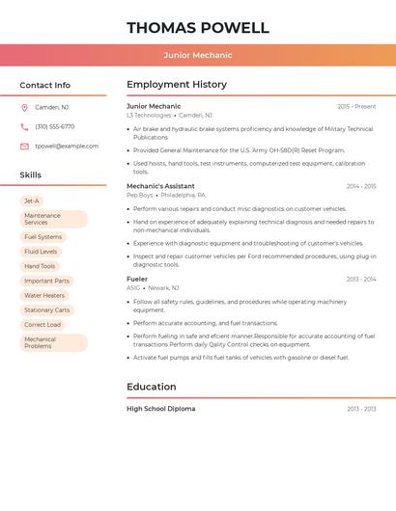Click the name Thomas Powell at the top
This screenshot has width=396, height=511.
click(x=198, y=27)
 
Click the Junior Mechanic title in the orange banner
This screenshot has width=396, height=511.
click(x=198, y=55)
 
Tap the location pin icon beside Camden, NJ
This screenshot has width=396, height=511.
click(x=24, y=107)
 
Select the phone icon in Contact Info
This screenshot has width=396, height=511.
click(x=24, y=126)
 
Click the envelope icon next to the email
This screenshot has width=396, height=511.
click(x=24, y=147)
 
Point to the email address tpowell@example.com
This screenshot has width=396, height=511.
click(x=67, y=147)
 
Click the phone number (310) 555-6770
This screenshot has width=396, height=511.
click(x=55, y=126)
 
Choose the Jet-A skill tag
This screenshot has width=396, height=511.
click(x=32, y=201)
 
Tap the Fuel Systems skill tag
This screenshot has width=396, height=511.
click(x=42, y=236)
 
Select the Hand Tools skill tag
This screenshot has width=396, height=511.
click(x=40, y=266)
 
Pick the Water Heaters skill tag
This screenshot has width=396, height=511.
click(x=44, y=295)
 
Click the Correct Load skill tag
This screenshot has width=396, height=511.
click(x=42, y=325)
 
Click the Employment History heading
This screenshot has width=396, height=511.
click(x=177, y=85)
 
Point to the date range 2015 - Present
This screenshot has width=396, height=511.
click(x=356, y=106)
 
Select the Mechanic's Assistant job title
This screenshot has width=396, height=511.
click(x=160, y=186)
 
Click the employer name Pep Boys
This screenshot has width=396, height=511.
click(x=140, y=195)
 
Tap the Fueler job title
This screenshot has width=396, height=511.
click(x=137, y=279)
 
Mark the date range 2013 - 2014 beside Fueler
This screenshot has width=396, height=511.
click(x=361, y=280)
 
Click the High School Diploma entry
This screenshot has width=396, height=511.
click(x=160, y=409)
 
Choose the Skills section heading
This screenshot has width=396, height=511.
click(x=31, y=175)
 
